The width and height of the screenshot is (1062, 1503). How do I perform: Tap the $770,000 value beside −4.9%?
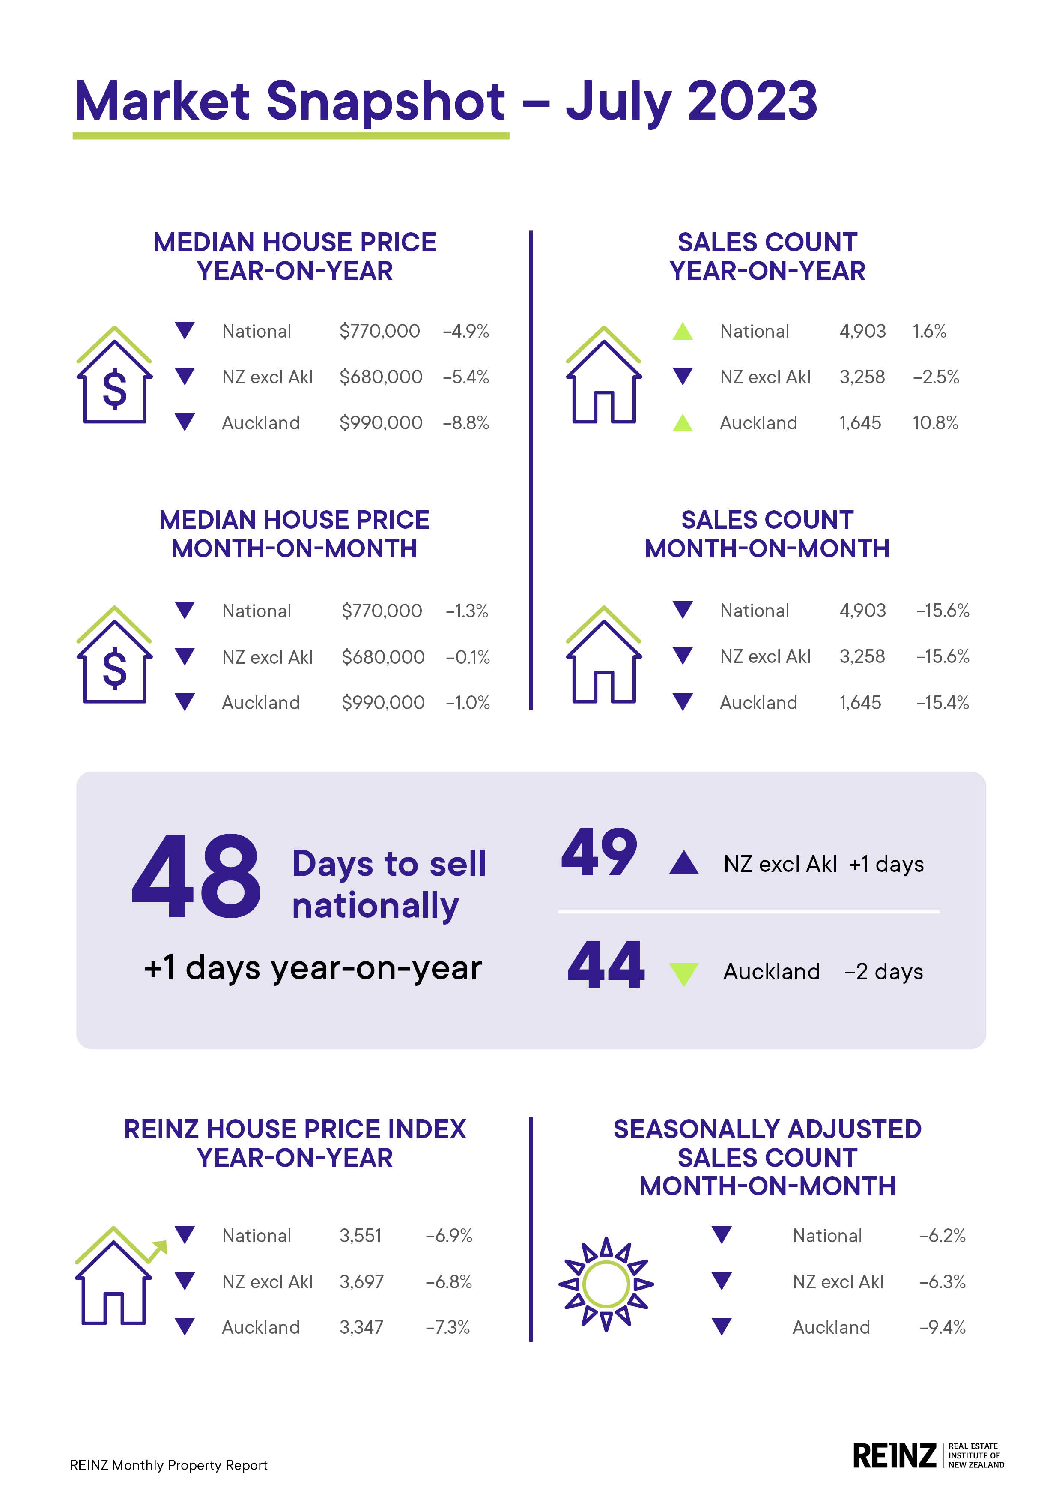tap(379, 331)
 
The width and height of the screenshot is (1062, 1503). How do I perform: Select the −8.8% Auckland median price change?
tap(466, 423)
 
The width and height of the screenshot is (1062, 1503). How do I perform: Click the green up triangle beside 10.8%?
tap(683, 423)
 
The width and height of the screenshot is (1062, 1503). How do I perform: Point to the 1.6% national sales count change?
tap(929, 331)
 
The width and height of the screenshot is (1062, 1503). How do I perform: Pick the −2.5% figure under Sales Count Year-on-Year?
tap(936, 377)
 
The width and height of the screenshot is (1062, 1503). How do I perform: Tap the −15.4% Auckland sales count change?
tap(942, 702)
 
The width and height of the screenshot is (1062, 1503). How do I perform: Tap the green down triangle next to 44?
tap(684, 973)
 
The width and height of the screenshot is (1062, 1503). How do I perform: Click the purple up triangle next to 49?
tap(684, 863)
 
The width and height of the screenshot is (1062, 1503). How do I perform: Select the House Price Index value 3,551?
tap(360, 1235)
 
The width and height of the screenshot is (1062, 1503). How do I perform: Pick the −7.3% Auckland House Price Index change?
tap(447, 1327)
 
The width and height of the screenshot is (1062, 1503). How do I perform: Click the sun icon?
tap(606, 1284)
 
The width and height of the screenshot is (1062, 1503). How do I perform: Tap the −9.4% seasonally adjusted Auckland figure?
tap(942, 1327)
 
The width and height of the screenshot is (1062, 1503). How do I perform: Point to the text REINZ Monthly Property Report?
tap(168, 1465)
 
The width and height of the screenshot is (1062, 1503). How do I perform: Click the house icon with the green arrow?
tap(118, 1276)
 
